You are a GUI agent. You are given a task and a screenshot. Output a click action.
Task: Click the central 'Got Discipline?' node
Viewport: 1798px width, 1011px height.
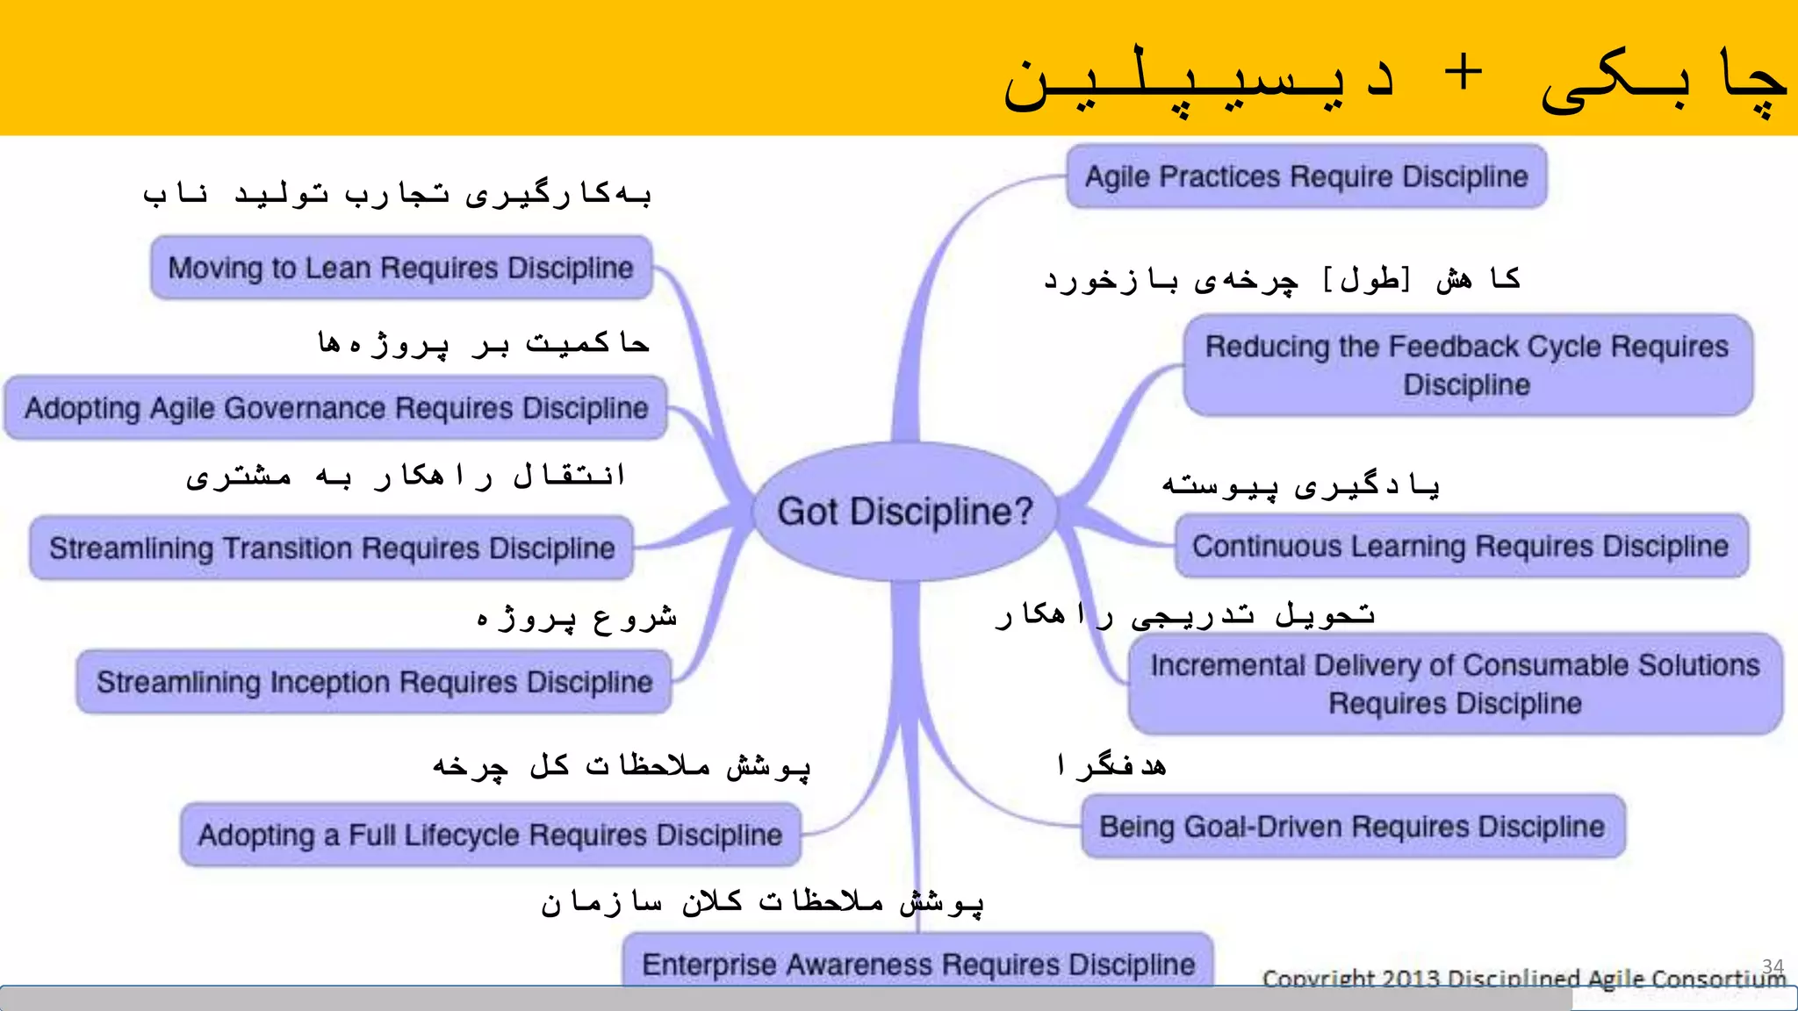[905, 511]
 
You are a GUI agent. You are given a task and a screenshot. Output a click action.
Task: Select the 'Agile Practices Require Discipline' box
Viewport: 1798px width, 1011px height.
[1306, 176]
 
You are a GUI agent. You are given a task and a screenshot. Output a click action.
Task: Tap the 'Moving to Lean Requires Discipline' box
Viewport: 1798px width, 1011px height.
[401, 268]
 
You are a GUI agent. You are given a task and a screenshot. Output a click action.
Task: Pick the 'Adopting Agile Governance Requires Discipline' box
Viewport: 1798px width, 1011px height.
[336, 408]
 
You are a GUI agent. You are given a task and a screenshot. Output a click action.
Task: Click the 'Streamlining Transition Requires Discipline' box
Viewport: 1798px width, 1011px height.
[332, 548]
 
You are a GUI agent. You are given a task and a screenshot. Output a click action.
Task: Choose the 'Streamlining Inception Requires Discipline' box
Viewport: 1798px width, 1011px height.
[374, 682]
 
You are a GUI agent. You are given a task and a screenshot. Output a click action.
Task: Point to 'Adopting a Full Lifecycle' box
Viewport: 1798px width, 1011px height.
[490, 834]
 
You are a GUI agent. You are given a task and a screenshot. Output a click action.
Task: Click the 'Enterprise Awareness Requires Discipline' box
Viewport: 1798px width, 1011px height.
[918, 964]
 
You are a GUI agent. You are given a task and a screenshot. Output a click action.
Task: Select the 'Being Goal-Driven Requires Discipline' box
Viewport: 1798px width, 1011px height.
[1352, 826]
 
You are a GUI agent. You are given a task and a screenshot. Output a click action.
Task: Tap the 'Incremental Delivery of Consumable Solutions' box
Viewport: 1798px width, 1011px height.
[1455, 684]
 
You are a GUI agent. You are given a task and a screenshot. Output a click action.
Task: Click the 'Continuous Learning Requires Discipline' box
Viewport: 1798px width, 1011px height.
[1460, 546]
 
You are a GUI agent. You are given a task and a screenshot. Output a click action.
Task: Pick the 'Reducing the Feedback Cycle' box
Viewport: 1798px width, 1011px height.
[1467, 365]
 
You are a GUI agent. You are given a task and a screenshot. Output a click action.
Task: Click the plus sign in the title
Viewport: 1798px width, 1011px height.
[1464, 72]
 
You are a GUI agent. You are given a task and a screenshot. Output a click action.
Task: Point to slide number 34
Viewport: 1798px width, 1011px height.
[1773, 965]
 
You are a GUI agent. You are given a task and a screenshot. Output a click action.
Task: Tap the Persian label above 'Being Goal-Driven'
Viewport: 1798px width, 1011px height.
[1112, 765]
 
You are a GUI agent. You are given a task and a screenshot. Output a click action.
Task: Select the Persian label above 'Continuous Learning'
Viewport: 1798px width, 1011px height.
[1301, 485]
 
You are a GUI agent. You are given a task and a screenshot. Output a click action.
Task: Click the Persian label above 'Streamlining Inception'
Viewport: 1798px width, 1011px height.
[577, 617]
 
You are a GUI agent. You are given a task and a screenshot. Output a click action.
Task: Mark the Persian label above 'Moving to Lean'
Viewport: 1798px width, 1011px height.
[397, 194]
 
